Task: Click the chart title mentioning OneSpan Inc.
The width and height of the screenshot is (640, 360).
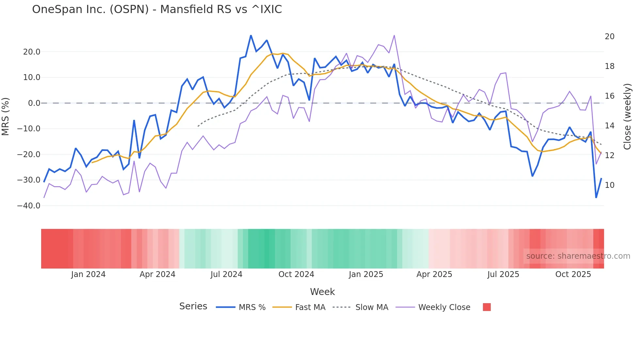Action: (157, 9)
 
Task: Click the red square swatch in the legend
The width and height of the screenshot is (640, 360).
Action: (487, 307)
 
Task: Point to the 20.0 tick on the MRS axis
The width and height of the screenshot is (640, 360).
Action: (32, 52)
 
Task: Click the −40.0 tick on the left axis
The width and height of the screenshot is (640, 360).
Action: (29, 206)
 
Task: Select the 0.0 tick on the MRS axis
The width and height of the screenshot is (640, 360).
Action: (34, 103)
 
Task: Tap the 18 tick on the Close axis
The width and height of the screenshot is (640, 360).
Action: (609, 66)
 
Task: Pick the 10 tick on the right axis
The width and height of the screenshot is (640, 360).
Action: (609, 185)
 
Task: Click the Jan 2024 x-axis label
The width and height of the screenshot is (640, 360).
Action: (88, 274)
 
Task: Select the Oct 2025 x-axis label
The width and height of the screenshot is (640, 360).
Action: (573, 274)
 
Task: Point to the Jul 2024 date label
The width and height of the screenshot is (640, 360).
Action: (226, 274)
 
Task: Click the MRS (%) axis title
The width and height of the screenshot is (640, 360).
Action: (6, 116)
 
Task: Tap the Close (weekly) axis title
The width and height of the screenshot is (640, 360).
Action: (627, 117)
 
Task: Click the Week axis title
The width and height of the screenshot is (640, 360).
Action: (322, 292)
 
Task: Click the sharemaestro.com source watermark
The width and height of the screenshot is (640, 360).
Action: (578, 256)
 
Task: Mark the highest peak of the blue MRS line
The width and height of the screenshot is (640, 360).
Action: (251, 35)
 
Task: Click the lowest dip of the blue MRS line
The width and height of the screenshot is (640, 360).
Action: (596, 198)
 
